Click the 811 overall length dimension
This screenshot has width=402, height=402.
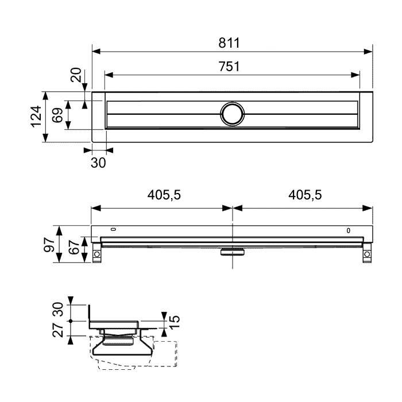(229, 43)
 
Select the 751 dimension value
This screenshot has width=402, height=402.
(229, 67)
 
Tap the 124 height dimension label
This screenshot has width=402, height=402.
(36, 117)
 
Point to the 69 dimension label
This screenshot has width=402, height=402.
(57, 115)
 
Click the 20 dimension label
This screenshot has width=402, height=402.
(76, 75)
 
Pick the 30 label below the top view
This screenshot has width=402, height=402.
(98, 163)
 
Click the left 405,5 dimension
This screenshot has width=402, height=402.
(164, 195)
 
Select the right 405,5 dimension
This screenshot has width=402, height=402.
(305, 195)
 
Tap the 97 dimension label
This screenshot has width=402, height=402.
(49, 245)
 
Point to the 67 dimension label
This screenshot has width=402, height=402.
(74, 247)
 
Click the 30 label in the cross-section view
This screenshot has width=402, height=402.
(58, 309)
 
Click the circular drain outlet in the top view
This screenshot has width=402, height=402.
(232, 114)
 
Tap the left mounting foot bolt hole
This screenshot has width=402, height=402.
(97, 254)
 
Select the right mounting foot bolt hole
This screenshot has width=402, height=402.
(367, 254)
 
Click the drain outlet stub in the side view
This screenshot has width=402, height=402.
(233, 252)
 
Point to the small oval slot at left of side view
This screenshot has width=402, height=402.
(113, 229)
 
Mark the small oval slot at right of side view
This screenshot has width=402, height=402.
(349, 230)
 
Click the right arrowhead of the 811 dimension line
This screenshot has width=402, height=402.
(368, 52)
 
